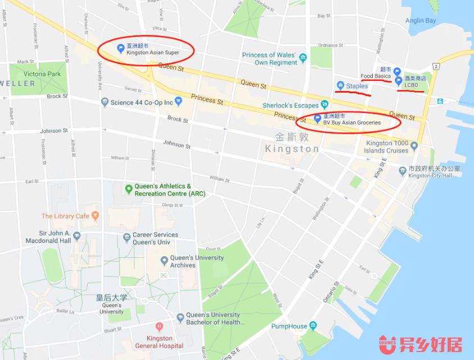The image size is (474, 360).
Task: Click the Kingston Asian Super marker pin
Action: (120, 48)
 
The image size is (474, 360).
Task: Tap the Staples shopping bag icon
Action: (340, 85)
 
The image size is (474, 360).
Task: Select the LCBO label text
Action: (411, 85)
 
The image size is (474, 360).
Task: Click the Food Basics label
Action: (375, 76)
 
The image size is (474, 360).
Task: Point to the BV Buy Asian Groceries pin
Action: (317, 119)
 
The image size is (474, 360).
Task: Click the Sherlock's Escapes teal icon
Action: (324, 105)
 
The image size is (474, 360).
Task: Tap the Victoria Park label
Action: (42, 74)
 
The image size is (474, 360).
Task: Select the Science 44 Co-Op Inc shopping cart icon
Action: (179, 102)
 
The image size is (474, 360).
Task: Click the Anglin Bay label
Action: (421, 21)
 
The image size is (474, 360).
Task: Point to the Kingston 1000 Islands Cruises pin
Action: (414, 147)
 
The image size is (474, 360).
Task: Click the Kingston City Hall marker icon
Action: (402, 170)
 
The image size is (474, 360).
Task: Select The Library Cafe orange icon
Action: (95, 215)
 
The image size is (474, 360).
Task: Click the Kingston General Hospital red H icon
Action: (159, 326)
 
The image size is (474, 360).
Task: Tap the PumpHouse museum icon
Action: (313, 326)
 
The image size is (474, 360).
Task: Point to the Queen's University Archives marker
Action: (164, 261)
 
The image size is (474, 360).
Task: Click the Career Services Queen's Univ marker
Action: (126, 238)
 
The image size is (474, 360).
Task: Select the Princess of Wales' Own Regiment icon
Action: (303, 58)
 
